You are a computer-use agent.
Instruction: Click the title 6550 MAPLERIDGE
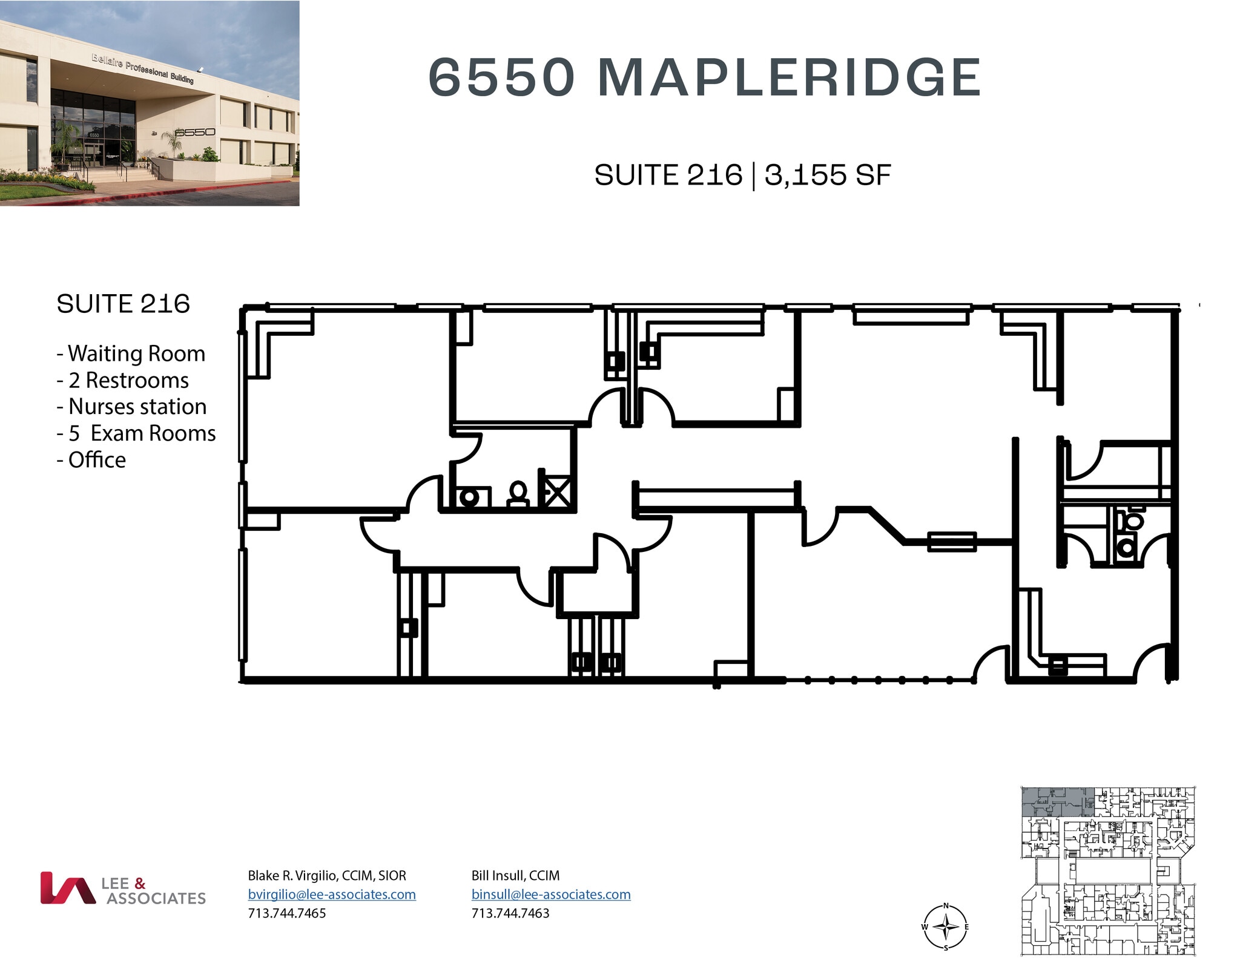click(x=704, y=77)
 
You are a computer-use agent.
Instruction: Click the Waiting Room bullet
click(x=131, y=353)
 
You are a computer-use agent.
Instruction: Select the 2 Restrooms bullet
click(x=123, y=380)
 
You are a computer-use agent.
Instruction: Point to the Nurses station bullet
click(x=132, y=407)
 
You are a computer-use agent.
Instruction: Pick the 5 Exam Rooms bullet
click(x=136, y=433)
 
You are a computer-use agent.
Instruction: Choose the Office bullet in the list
click(x=91, y=460)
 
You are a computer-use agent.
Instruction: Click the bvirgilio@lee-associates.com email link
click(x=332, y=894)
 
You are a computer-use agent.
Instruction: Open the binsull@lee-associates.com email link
click(x=551, y=894)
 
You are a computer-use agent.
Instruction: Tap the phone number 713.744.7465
click(x=287, y=913)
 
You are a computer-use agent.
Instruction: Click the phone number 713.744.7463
click(x=510, y=913)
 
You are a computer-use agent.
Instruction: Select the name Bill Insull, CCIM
click(x=515, y=876)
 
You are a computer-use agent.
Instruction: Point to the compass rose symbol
click(x=945, y=927)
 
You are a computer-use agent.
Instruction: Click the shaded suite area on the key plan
click(x=1057, y=802)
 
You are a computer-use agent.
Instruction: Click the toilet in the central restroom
click(x=518, y=494)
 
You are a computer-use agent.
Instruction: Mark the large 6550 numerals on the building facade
click(x=195, y=132)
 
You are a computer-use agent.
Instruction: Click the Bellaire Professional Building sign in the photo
click(x=143, y=68)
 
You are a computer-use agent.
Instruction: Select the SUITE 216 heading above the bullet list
click(x=123, y=304)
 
